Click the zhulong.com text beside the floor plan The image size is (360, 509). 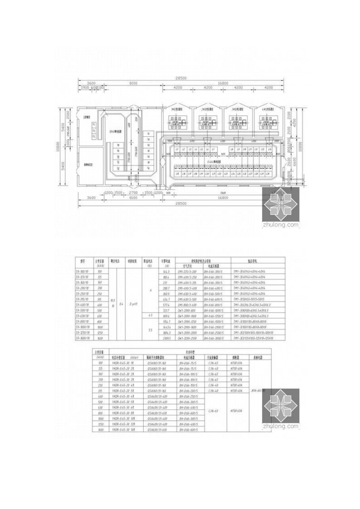pos(281,225)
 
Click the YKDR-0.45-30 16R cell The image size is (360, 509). pos(123,430)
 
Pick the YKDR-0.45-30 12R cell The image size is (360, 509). pos(123,425)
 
